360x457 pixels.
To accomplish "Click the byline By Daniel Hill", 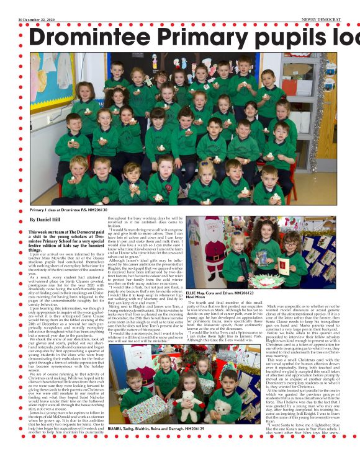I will click(x=44, y=220).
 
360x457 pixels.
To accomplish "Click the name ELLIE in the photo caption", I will click(x=192, y=274).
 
